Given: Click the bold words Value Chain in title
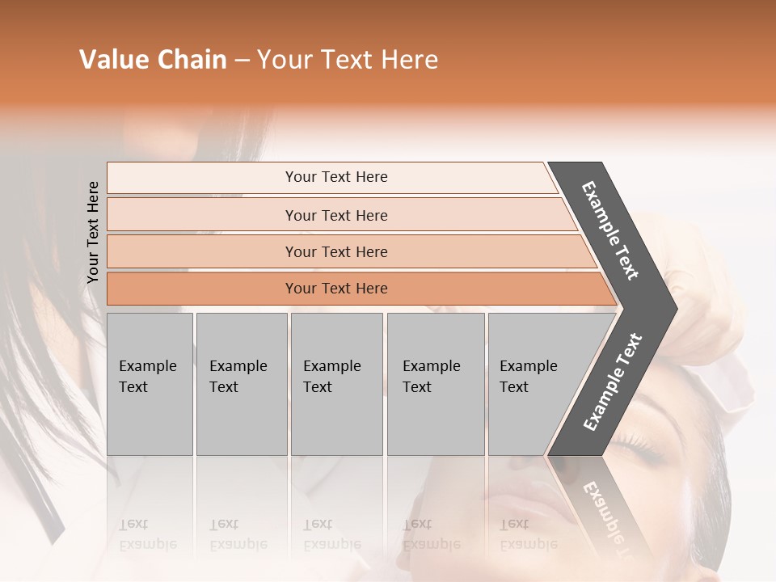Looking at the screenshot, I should [x=153, y=60].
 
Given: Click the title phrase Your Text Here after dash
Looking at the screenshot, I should [x=348, y=60].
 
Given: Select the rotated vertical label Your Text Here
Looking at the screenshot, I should [x=93, y=232].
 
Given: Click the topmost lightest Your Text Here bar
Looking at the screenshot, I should [x=335, y=177].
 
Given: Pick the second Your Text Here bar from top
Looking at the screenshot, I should [x=335, y=215].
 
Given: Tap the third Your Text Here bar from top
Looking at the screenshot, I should [x=335, y=251].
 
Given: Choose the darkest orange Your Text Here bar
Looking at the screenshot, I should [x=335, y=289].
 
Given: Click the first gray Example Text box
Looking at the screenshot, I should [x=150, y=383].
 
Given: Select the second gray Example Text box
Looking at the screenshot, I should [x=241, y=383].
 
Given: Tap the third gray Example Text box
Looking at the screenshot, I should [x=336, y=383].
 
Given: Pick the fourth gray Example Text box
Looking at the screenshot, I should [x=435, y=383].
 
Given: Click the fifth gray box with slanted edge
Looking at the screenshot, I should [x=533, y=383].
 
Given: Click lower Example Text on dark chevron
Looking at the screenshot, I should [x=613, y=382].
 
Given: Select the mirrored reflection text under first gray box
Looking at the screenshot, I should [x=147, y=534].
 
